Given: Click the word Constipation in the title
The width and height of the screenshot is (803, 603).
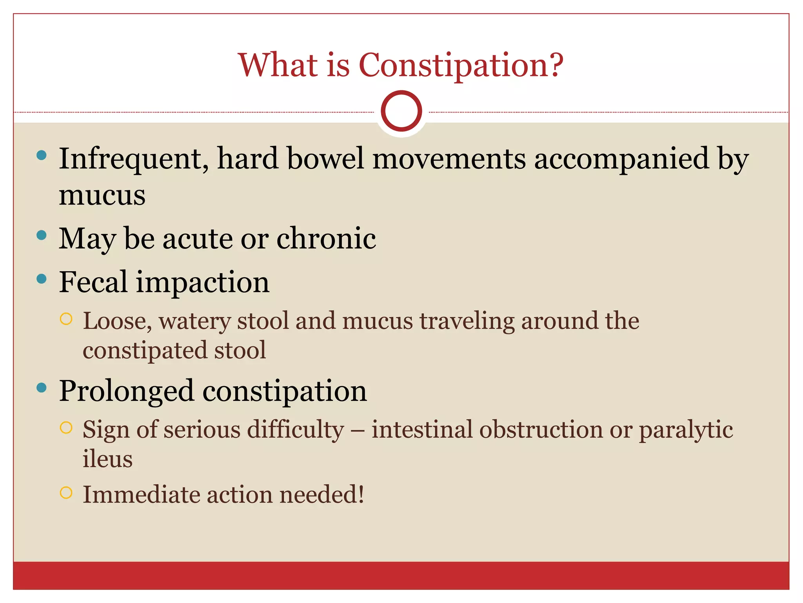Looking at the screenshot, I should [461, 65].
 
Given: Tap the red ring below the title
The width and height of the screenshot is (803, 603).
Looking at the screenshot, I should [401, 111].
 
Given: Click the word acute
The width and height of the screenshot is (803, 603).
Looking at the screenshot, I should [198, 239].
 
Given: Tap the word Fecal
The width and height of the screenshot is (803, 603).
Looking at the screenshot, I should [93, 282].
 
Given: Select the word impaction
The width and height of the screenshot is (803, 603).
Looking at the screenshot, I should [203, 283].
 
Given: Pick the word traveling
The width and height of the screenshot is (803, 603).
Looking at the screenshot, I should [467, 321].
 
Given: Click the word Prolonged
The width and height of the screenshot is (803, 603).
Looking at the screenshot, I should [126, 391].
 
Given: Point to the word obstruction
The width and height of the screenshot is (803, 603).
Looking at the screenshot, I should [540, 429].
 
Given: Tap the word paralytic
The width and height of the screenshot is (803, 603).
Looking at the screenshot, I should [686, 430].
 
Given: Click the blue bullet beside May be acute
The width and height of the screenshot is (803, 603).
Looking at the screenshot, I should [41, 236].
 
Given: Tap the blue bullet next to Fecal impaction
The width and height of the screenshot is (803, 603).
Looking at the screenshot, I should [41, 279].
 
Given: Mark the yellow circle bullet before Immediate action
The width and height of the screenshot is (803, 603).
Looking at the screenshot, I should [66, 492].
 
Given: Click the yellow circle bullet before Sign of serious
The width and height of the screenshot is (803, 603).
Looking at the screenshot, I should [66, 428].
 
